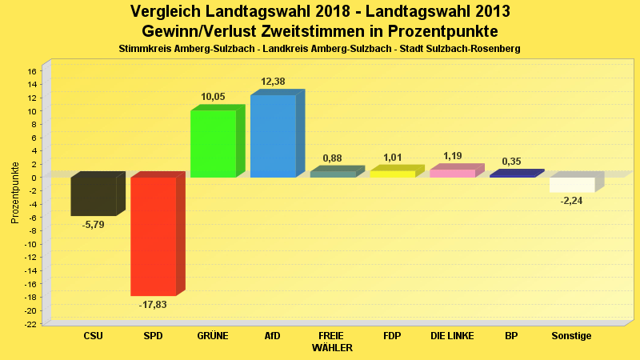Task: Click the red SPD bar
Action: [154, 236]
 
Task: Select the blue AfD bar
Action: [273, 136]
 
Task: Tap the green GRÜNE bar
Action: [213, 144]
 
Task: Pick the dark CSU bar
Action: [94, 196]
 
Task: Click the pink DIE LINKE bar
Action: [453, 173]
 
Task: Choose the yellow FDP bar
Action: [392, 174]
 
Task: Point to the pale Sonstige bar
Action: [572, 185]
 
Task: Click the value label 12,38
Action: [273, 82]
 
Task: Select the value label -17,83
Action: [152, 305]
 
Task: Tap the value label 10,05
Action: [213, 97]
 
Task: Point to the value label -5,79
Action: [93, 224]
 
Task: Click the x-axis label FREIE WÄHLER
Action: [331, 342]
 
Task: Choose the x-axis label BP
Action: [511, 336]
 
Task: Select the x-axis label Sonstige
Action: [571, 336]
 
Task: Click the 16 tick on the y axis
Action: [32, 71]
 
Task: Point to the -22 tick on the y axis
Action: [30, 324]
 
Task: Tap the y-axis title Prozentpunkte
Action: [15, 192]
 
